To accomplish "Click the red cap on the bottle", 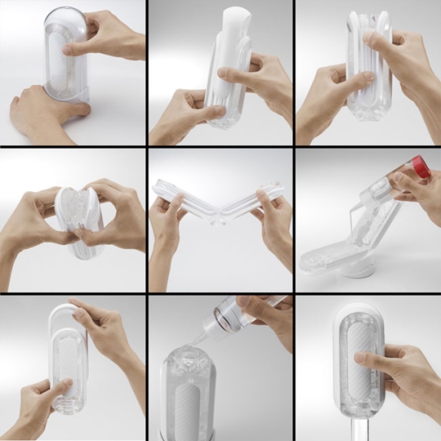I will (421, 168).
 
